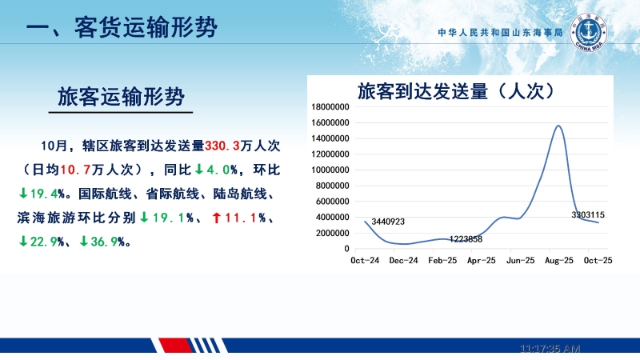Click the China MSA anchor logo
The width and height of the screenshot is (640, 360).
tap(590, 32)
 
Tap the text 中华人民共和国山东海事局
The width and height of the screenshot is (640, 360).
tap(501, 34)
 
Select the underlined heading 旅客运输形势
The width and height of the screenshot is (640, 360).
tap(122, 97)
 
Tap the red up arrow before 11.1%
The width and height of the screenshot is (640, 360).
tap(217, 217)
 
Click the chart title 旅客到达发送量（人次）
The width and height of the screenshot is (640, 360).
tap(455, 90)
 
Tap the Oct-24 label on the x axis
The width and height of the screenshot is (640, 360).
tap(365, 260)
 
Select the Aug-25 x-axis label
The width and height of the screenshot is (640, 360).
tap(558, 260)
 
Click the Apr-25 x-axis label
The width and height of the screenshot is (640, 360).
tap(481, 260)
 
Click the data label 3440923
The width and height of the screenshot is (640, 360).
tap(388, 222)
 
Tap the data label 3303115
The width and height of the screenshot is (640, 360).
tap(588, 214)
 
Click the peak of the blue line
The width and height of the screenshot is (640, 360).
tap(558, 126)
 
